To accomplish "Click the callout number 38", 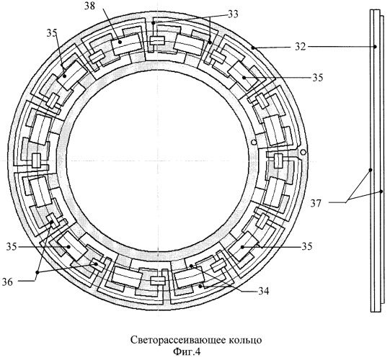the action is click(89, 6).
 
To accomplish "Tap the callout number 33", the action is click(234, 14).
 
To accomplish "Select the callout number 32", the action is click(300, 47).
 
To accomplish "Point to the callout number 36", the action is click(7, 282).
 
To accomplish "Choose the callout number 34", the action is click(264, 291).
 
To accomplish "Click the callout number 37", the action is click(316, 204).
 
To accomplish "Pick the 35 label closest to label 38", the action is click(52, 34).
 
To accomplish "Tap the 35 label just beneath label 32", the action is click(318, 78).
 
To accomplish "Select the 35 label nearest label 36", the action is click(12, 247).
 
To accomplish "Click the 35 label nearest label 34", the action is click(307, 247).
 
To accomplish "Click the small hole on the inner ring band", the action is click(254, 143).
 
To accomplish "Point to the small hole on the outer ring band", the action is click(303, 152).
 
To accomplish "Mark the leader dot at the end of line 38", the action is click(120, 42).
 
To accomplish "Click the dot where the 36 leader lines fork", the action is click(37, 272).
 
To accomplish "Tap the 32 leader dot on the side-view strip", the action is click(376, 47).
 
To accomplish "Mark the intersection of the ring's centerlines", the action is click(158, 161).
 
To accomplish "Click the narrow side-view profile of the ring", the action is click(376, 161).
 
